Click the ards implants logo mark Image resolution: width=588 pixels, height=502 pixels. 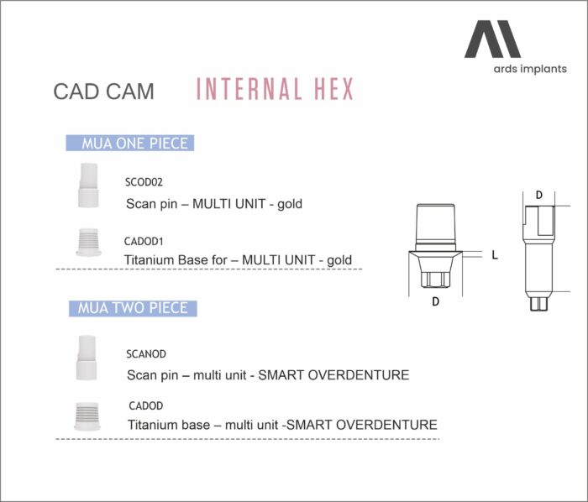coord(492,39)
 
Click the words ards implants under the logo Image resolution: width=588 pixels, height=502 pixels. coord(530,69)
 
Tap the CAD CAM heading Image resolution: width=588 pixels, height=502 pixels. coord(103,92)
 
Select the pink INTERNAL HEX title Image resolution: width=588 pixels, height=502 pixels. coord(275,89)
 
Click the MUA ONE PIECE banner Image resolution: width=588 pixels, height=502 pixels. coord(130,143)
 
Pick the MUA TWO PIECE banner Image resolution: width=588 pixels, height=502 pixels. coord(133,308)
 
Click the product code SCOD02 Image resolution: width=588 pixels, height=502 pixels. coord(144,182)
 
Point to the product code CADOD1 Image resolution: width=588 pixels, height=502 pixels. coord(144,241)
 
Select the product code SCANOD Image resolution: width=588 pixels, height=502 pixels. coord(146,354)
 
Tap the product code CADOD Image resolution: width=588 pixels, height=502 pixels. coord(145,405)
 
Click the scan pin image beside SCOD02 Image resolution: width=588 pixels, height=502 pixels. coord(88,185)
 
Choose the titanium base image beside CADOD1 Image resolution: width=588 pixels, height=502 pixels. coord(88,243)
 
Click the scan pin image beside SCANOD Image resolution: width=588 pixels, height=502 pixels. coord(87,358)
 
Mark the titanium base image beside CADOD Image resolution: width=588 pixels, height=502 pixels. coord(87,416)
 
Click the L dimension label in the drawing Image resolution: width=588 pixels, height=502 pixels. coord(495,255)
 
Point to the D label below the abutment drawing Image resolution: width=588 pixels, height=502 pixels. coord(435,301)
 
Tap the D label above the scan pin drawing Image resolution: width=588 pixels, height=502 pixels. coord(539,196)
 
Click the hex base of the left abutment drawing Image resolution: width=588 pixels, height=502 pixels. coord(435,280)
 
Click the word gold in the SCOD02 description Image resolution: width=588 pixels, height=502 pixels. coord(290,205)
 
